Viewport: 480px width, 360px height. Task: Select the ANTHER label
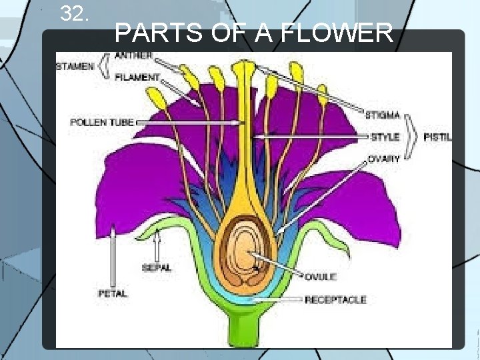pyautogui.click(x=133, y=55)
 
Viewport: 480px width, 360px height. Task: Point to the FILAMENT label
pyautogui.click(x=137, y=77)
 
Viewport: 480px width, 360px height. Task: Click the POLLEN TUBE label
pyautogui.click(x=102, y=123)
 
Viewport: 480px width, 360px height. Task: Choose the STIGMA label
pyautogui.click(x=382, y=115)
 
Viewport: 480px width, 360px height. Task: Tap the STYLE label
pyautogui.click(x=385, y=137)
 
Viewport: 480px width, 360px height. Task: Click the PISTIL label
pyautogui.click(x=437, y=137)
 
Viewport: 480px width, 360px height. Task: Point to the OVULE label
pyautogui.click(x=321, y=277)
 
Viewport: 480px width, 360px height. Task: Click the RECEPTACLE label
pyautogui.click(x=335, y=300)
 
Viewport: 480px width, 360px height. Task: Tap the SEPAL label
pyautogui.click(x=157, y=268)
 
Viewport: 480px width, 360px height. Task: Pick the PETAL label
pyautogui.click(x=112, y=293)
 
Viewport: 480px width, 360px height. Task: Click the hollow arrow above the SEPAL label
pyautogui.click(x=157, y=247)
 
